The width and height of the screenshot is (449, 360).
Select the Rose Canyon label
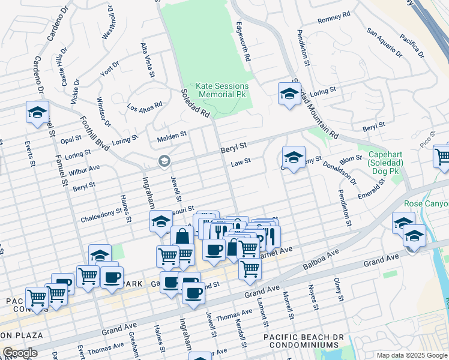pos(427,204)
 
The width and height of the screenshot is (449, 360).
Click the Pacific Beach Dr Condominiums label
pos(301,342)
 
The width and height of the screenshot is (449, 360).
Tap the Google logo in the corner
pos(20,353)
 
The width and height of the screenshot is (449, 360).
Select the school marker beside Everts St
pos(37,112)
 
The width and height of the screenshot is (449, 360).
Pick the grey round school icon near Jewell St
pos(163,161)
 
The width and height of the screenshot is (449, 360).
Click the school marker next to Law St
pos(294,157)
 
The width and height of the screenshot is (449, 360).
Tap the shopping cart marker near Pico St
pos(442,156)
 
